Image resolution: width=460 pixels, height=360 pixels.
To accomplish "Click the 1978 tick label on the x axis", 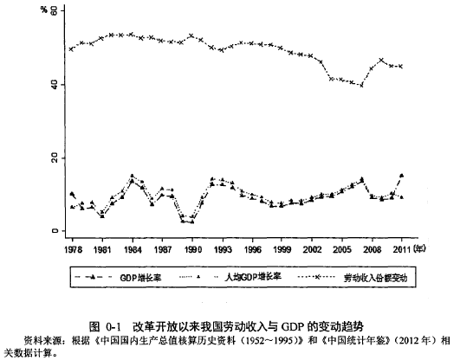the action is coord(73,249).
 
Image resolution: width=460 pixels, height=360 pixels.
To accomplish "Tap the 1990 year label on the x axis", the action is coord(192,249).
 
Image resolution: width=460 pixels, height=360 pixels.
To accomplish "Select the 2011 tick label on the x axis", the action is coord(401,249).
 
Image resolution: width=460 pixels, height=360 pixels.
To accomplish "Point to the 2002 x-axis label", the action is coord(312,249).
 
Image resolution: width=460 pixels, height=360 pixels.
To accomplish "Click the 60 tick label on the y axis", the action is coord(55,11).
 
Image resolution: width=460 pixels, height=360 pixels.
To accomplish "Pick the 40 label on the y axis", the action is coord(55,85).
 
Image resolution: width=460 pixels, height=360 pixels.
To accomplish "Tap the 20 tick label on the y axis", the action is coord(55,158).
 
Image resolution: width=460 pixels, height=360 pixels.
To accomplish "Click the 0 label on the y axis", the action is coord(55,231).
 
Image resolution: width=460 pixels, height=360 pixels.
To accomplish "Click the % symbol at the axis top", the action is coord(44,10).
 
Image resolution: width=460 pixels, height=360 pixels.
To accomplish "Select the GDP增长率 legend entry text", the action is coord(140,277).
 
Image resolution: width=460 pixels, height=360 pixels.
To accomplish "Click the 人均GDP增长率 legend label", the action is coord(253,277).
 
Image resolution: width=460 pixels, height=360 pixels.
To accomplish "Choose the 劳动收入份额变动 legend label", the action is coord(375,278).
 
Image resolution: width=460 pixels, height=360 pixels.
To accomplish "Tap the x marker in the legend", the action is coord(317,276).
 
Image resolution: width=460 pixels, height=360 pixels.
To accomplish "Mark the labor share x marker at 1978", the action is coord(71,49).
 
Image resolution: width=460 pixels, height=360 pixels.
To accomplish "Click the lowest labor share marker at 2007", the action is coord(361,86).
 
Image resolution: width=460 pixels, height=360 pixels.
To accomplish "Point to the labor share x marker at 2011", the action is coord(401,67).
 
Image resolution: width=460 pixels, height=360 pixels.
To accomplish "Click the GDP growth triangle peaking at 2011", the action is coord(402,176).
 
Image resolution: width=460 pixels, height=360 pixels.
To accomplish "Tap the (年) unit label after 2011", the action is coord(419,249).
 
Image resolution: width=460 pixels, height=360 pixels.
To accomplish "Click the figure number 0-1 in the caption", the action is coord(113,326).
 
